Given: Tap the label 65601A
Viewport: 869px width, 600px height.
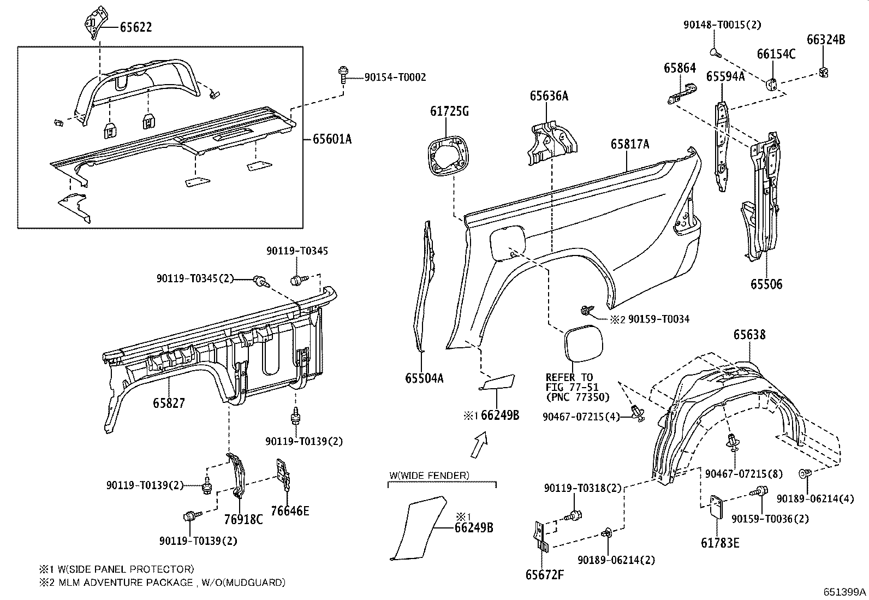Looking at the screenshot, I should click(332, 139).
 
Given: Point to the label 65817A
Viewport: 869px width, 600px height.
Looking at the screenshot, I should click(630, 144).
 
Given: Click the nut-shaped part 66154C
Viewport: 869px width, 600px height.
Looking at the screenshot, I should click(773, 82).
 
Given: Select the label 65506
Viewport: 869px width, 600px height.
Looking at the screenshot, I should click(766, 284).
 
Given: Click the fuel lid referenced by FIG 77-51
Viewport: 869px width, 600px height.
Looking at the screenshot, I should click(583, 342).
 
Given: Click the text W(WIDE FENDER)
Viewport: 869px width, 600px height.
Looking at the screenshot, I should click(428, 476).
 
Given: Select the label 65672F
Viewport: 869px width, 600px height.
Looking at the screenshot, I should click(544, 574).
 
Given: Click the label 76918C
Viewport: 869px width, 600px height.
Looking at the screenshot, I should click(243, 519).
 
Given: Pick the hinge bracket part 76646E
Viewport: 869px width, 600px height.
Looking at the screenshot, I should click(282, 471).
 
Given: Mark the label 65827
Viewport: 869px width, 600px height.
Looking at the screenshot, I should click(169, 403).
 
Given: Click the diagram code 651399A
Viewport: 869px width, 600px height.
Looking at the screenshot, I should click(844, 592).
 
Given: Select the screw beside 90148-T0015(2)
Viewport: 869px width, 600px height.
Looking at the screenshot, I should click(715, 52).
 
